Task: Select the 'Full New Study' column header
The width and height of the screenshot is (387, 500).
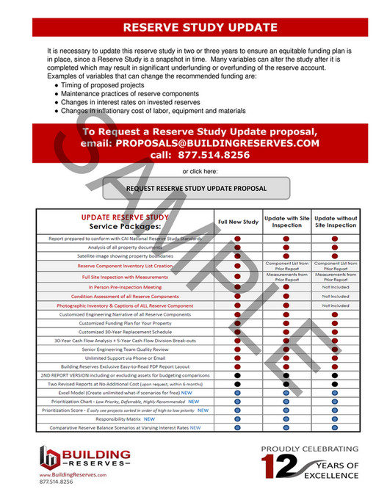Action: (237, 221)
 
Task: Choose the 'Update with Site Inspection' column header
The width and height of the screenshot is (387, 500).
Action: (286, 221)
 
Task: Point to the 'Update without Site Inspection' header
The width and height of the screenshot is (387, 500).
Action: (335, 221)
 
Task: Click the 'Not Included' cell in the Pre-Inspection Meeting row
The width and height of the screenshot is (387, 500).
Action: (335, 286)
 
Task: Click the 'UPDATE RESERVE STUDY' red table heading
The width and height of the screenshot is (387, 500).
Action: (124, 217)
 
